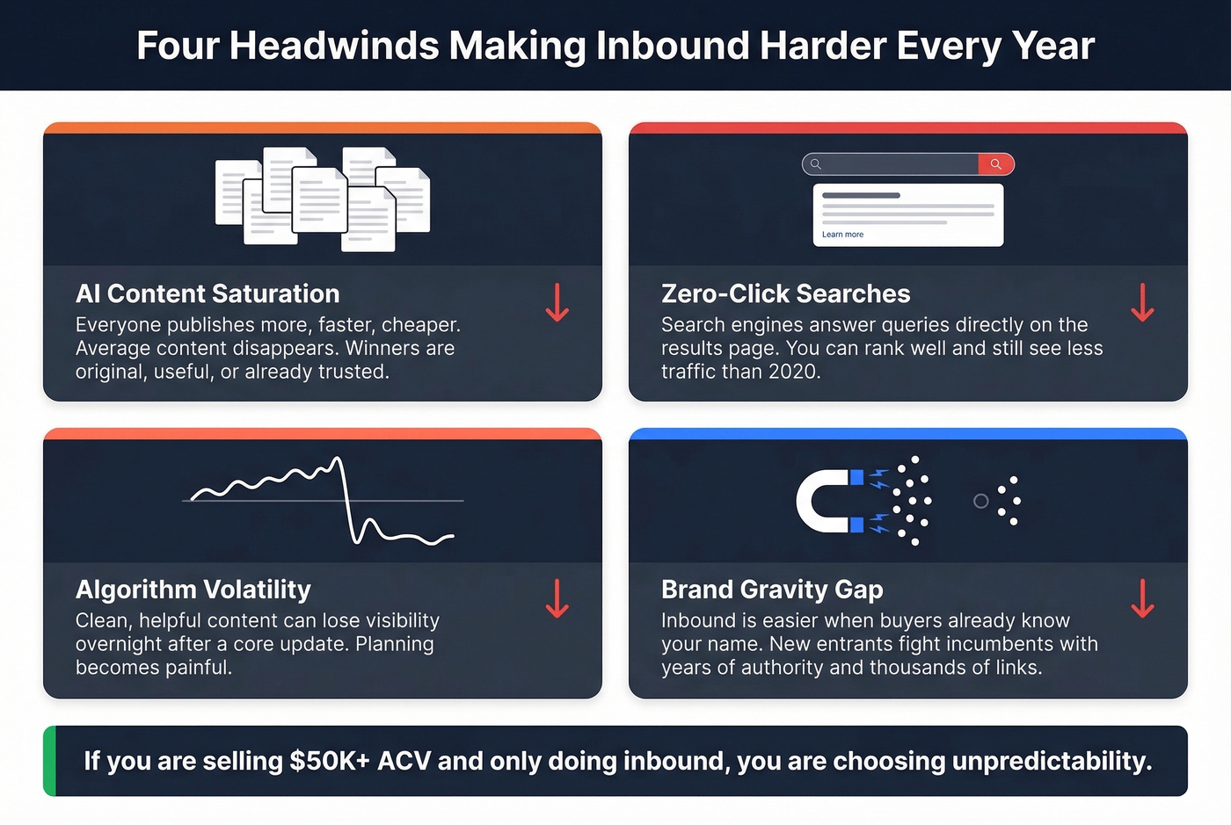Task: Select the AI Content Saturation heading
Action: point(208,293)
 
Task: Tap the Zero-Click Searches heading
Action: point(785,293)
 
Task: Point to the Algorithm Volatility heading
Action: point(193,589)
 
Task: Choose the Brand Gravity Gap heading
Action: point(772,589)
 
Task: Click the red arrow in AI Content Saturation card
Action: point(557,302)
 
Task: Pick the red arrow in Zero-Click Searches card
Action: point(1142,302)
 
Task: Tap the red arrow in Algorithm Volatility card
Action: point(557,598)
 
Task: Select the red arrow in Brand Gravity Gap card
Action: point(1142,598)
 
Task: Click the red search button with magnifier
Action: point(995,164)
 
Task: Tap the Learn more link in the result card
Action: point(842,235)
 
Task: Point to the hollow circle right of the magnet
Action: point(980,501)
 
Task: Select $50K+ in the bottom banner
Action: point(330,761)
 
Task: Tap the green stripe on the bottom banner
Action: point(49,761)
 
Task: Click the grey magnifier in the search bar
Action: point(815,164)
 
